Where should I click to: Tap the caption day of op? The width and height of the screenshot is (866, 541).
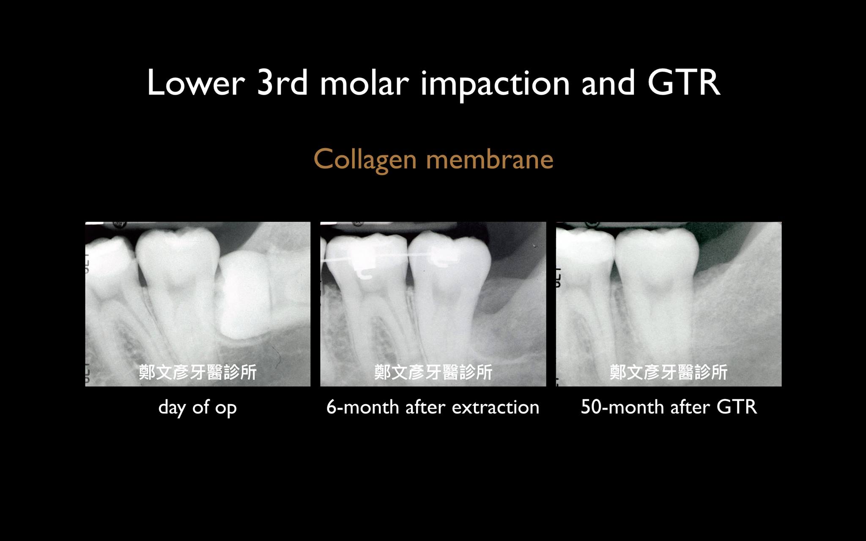point(197,408)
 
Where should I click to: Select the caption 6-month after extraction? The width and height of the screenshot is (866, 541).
point(433,407)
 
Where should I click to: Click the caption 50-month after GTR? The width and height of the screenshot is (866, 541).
point(669,407)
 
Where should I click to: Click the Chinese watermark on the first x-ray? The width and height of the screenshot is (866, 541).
point(197,372)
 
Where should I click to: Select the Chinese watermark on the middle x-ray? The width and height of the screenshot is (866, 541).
point(433,372)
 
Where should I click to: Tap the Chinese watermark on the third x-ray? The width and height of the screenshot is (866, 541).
point(669,372)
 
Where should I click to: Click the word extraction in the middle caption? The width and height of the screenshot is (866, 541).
point(496,407)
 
